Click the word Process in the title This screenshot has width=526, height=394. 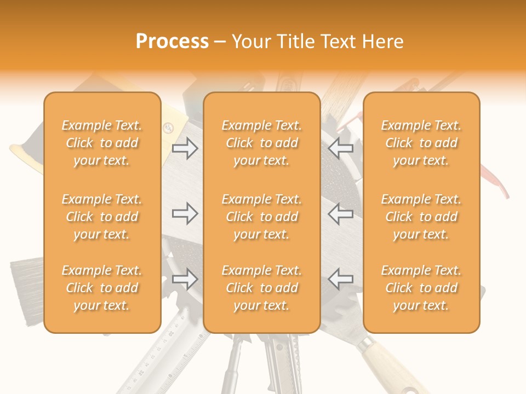(x=172, y=42)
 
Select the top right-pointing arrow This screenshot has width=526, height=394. (x=185, y=148)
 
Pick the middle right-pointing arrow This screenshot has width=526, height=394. (x=185, y=213)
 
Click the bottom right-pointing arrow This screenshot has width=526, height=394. (x=185, y=279)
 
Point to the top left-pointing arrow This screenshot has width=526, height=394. (x=341, y=148)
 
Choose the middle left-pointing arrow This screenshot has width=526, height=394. (x=341, y=213)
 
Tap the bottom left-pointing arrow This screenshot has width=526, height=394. (x=341, y=279)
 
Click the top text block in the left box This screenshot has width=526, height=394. (x=102, y=143)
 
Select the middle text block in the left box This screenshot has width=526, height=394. (x=102, y=217)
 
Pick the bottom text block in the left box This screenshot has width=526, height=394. (x=102, y=288)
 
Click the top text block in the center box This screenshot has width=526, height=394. (x=262, y=143)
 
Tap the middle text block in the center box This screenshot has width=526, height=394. (x=262, y=217)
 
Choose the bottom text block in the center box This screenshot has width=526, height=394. (x=262, y=288)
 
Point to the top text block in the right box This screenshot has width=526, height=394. (x=421, y=143)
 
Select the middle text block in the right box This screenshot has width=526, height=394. (x=421, y=217)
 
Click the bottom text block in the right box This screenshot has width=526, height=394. (x=421, y=288)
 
